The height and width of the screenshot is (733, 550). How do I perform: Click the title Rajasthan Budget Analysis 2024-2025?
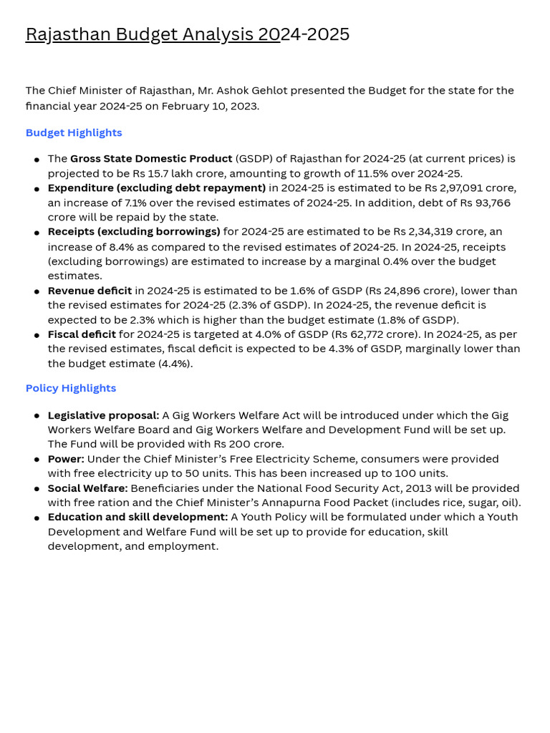[x=188, y=34]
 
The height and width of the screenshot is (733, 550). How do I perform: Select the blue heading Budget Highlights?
[x=74, y=132]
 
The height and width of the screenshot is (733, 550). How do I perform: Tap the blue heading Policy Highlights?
[x=70, y=388]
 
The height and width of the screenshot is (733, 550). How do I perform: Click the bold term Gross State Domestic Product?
[x=151, y=158]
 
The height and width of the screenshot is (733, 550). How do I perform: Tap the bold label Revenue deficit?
[x=90, y=291]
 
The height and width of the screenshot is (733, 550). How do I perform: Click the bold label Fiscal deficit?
[x=82, y=334]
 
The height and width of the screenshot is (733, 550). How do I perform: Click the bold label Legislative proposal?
[x=103, y=415]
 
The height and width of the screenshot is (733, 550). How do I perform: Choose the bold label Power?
[x=66, y=459]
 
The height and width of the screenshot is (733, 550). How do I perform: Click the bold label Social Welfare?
[x=87, y=488]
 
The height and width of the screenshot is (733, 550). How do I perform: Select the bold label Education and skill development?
[x=137, y=517]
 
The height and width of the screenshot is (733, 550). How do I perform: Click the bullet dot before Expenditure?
[x=37, y=189]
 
